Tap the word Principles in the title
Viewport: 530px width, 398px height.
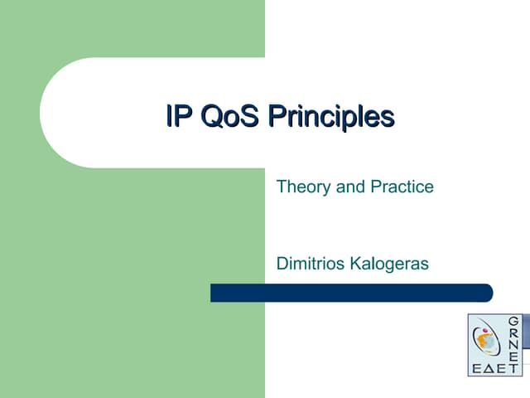tap(330, 118)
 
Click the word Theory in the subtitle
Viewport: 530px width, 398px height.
tap(303, 187)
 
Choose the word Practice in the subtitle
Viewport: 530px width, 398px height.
tap(402, 187)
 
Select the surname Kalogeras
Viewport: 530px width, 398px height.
tap(390, 264)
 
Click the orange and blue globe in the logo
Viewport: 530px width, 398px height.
tap(484, 340)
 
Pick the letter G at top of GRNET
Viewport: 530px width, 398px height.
tap(513, 321)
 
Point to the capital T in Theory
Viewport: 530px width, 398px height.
tap(281, 187)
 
